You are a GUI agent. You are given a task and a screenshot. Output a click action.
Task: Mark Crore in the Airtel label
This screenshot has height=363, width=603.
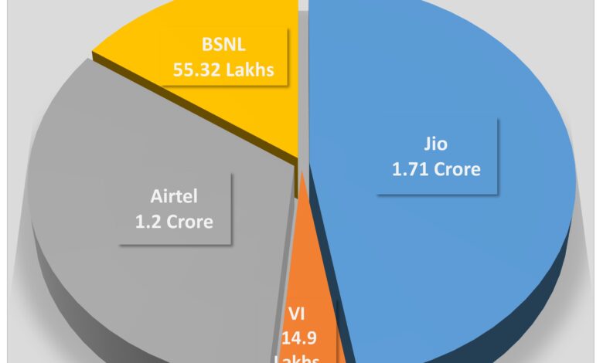click(x=189, y=221)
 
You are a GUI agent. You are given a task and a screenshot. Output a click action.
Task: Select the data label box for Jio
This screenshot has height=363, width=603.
click(x=436, y=156)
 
